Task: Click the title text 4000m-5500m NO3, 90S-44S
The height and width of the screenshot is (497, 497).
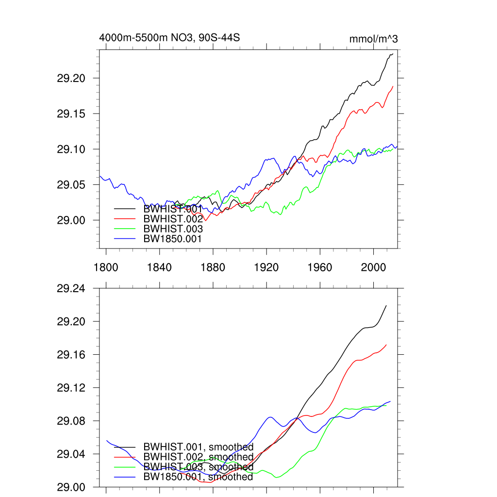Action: [169, 38]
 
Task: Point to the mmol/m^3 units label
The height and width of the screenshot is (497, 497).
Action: [373, 39]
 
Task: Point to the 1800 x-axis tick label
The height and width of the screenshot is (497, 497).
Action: [106, 267]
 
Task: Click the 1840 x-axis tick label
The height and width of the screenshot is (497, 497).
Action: [160, 267]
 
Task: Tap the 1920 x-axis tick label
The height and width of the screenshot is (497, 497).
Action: [266, 267]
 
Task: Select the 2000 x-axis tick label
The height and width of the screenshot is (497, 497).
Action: [373, 267]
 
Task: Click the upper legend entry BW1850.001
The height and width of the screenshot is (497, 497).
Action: [172, 238]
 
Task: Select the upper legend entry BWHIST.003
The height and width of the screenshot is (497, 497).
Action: [173, 229]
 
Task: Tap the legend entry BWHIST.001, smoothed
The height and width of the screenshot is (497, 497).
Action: [198, 447]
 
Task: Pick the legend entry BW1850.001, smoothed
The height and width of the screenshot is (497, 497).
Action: [198, 477]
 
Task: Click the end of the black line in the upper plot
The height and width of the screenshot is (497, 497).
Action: [393, 54]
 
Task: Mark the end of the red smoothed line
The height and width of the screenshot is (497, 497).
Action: [386, 345]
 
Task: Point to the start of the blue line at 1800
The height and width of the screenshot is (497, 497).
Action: [100, 176]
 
